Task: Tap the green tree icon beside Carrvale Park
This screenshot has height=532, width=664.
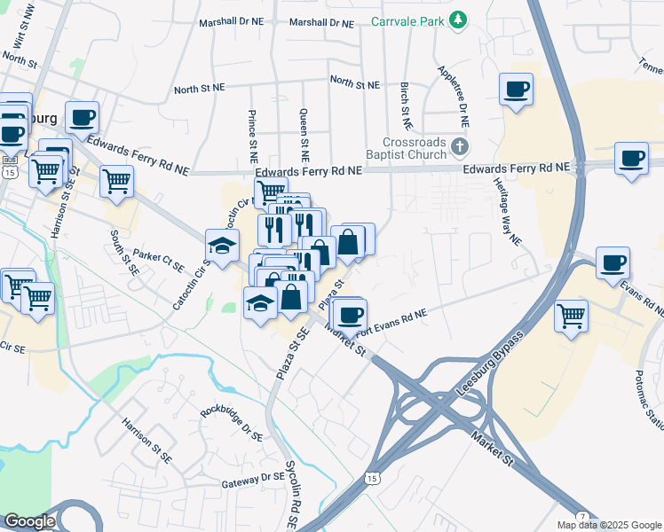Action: pyautogui.click(x=458, y=20)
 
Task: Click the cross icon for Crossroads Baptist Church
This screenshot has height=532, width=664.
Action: pyautogui.click(x=459, y=146)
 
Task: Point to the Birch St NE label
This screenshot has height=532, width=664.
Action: pyautogui.click(x=405, y=104)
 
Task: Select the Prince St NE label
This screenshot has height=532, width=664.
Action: pyautogui.click(x=253, y=130)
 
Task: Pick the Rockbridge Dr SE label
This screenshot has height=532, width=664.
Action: pyautogui.click(x=231, y=423)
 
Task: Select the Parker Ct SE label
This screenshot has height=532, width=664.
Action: pyautogui.click(x=158, y=260)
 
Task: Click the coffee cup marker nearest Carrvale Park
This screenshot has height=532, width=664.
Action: pyautogui.click(x=516, y=89)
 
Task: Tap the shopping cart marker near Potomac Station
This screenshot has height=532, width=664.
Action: pyautogui.click(x=571, y=315)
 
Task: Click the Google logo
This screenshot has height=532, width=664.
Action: pyautogui.click(x=28, y=521)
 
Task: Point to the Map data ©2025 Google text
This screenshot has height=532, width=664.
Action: pyautogui.click(x=609, y=525)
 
